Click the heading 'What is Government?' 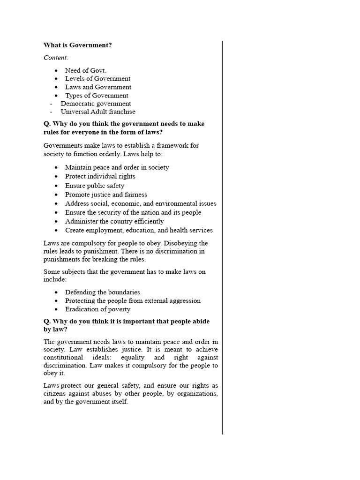[x=78, y=45]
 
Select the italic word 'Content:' [x=56, y=58]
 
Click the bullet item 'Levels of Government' [x=97, y=79]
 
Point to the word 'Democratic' [x=77, y=104]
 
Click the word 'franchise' [x=121, y=112]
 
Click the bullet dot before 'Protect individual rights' [x=56, y=177]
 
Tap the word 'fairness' [x=134, y=195]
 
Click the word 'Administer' [x=81, y=221]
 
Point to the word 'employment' [x=106, y=230]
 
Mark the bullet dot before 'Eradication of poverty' [x=56, y=310]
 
